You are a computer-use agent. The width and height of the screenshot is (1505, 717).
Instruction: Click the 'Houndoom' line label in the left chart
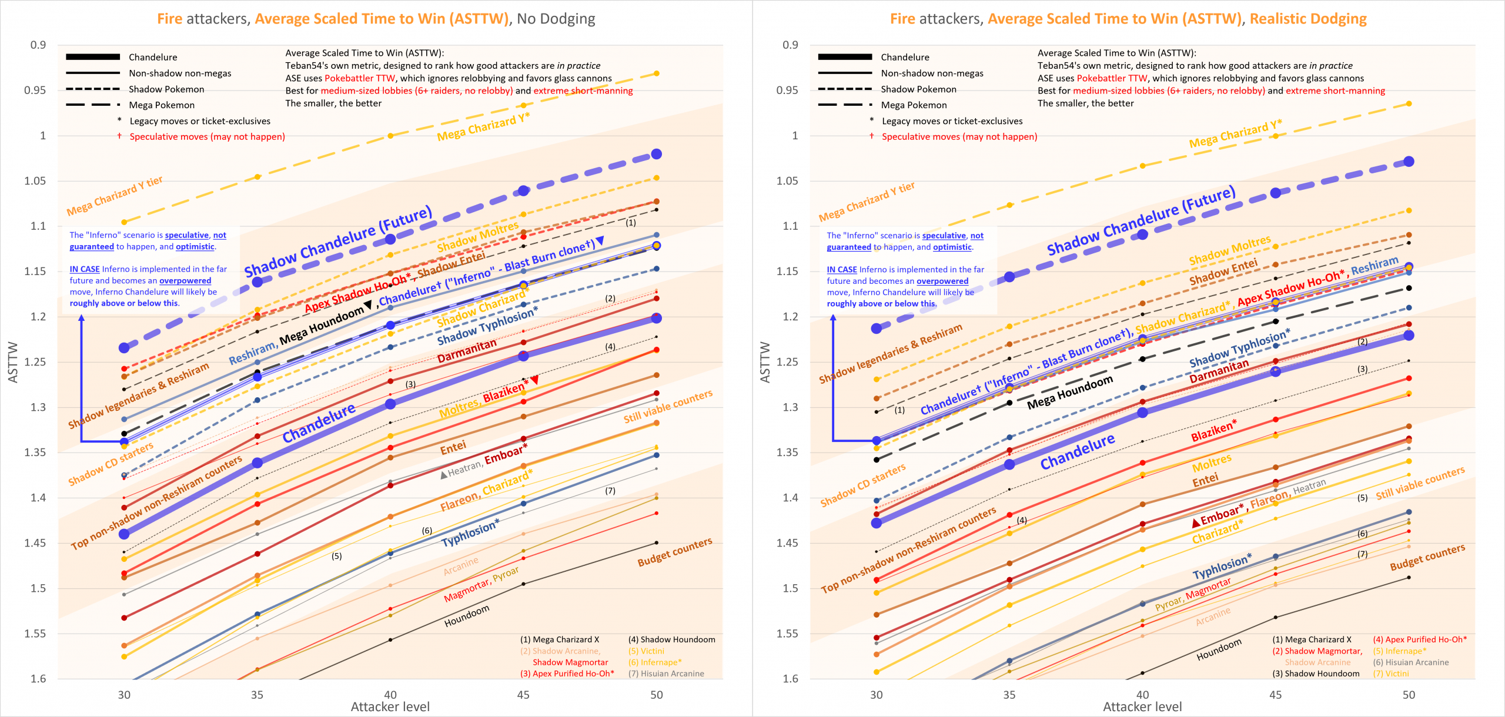pyautogui.click(x=467, y=616)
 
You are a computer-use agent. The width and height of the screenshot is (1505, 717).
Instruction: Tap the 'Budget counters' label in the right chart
pyautogui.click(x=1427, y=557)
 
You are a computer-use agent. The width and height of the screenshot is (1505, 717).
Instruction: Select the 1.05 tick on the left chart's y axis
pyautogui.click(x=35, y=180)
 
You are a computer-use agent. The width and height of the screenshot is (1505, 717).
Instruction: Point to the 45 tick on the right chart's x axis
pyautogui.click(x=1276, y=695)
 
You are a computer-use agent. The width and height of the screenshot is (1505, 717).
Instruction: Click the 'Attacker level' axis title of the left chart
pyautogui.click(x=390, y=707)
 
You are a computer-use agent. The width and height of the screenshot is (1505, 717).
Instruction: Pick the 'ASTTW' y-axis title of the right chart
pyautogui.click(x=765, y=362)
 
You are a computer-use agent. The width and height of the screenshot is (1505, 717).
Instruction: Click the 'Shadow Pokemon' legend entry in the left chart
pyautogui.click(x=166, y=89)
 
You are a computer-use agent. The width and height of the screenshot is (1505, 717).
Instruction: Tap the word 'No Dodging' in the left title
pyautogui.click(x=556, y=19)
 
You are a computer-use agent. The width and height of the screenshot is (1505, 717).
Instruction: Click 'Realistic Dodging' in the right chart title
pyautogui.click(x=1308, y=19)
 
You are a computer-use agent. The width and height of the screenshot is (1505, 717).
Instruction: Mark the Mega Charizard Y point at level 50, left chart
pyautogui.click(x=657, y=73)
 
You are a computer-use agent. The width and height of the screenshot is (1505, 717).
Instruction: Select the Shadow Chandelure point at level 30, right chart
pyautogui.click(x=877, y=328)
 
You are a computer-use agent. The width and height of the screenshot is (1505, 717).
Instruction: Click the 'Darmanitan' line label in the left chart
pyautogui.click(x=467, y=351)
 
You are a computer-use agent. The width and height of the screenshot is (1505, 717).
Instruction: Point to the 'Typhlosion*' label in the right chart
pyautogui.click(x=1222, y=566)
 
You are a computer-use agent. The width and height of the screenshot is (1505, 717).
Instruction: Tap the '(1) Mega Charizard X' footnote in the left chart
pyautogui.click(x=560, y=639)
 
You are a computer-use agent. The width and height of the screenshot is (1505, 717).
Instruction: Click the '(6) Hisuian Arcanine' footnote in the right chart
pyautogui.click(x=1411, y=662)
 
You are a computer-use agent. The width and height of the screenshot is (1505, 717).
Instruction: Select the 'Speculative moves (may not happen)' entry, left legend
pyautogui.click(x=207, y=137)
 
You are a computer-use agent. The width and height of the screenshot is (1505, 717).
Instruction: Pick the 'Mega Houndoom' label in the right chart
pyautogui.click(x=1070, y=393)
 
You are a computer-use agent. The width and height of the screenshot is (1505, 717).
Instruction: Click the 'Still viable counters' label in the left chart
pyautogui.click(x=668, y=406)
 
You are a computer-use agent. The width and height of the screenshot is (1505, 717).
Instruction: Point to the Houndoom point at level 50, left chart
pyautogui.click(x=657, y=542)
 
